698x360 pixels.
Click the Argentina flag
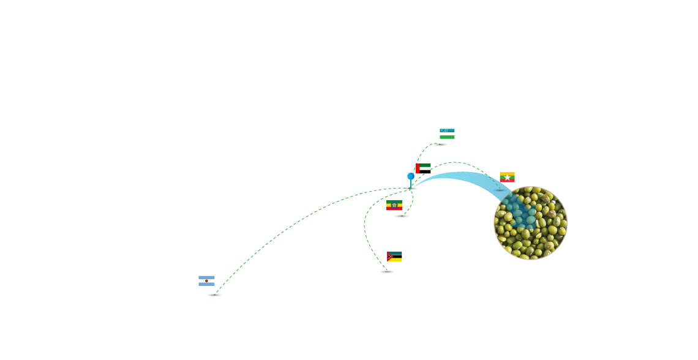click(x=206, y=281)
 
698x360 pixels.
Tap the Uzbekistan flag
click(x=447, y=133)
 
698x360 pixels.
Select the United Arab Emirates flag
click(x=423, y=167)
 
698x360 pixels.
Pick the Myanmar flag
click(x=507, y=177)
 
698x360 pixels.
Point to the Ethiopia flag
click(x=394, y=205)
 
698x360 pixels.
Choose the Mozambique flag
click(x=394, y=257)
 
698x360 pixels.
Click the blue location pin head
click(x=411, y=176)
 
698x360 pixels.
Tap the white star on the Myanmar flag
click(x=507, y=178)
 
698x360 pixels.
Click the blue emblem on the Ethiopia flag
click(x=394, y=205)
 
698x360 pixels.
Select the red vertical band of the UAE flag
click(x=418, y=168)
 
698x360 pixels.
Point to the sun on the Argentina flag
click(x=206, y=281)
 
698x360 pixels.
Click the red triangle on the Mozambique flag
click(x=389, y=257)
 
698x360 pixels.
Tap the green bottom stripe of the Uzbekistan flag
click(x=447, y=137)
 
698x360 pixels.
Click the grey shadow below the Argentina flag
click(x=214, y=295)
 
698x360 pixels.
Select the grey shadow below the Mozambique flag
click(x=387, y=272)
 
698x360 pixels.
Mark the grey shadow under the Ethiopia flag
click(x=402, y=216)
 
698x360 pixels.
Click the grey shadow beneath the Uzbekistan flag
click(x=440, y=144)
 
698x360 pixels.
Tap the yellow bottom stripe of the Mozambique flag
click(x=396, y=260)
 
